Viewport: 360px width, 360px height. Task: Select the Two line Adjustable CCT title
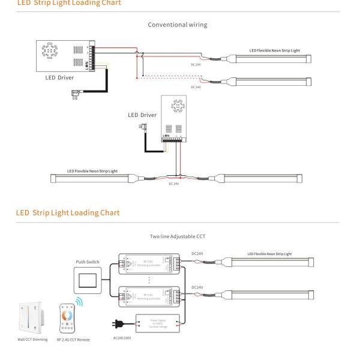click(179, 237)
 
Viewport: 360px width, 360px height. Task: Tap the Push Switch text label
click(88, 262)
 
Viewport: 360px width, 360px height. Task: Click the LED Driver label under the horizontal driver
click(59, 77)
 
